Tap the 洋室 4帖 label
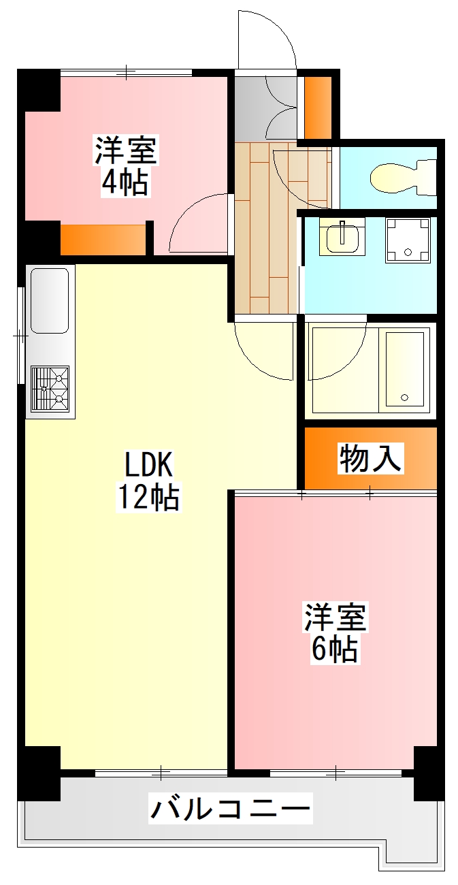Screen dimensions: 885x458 [126, 166]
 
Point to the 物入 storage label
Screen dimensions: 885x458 [371, 458]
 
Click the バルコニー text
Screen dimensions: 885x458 [230, 810]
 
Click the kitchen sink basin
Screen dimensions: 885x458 [50, 300]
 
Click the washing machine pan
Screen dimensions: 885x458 [408, 240]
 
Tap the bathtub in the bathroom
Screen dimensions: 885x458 [406, 370]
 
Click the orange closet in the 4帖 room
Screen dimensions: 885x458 [103, 239]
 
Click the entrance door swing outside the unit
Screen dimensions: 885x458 [267, 39]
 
